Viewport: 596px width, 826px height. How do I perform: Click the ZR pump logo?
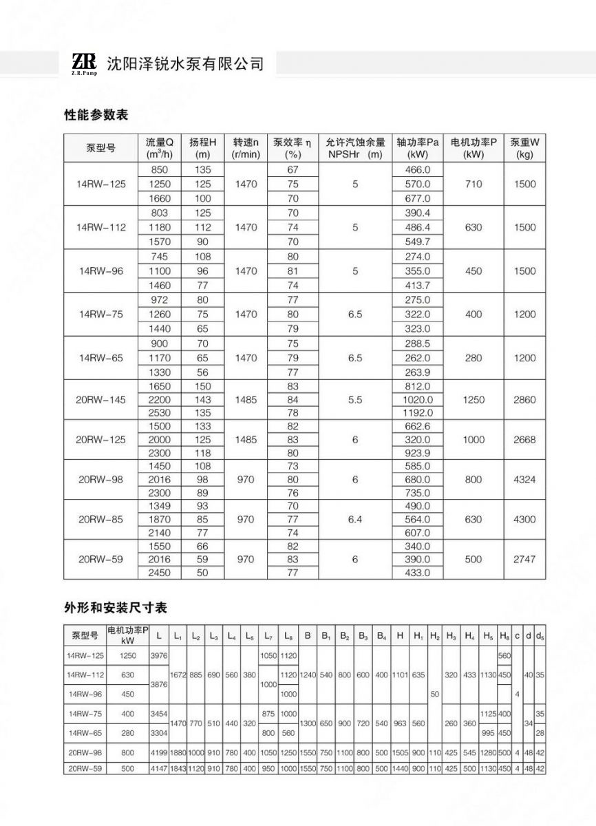pyautogui.click(x=84, y=63)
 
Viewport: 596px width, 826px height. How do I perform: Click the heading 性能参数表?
pyautogui.click(x=96, y=115)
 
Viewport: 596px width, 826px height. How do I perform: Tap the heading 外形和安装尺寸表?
pyautogui.click(x=116, y=608)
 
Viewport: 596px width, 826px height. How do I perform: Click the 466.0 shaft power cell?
pyautogui.click(x=417, y=169)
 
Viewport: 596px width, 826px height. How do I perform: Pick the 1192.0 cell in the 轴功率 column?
pyautogui.click(x=417, y=413)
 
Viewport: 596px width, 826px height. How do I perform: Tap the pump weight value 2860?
pyautogui.click(x=524, y=400)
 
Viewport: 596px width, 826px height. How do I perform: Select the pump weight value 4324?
pyautogui.click(x=524, y=479)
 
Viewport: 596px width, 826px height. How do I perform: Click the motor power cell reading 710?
pyautogui.click(x=473, y=184)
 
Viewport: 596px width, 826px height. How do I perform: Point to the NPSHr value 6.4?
pyautogui.click(x=355, y=519)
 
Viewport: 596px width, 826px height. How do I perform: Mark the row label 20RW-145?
pyautogui.click(x=101, y=400)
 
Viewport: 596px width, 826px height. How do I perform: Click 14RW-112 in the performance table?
pyautogui.click(x=101, y=227)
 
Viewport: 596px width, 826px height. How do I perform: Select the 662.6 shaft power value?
pyautogui.click(x=417, y=426)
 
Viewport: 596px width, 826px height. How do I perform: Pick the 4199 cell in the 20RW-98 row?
pyautogui.click(x=159, y=753)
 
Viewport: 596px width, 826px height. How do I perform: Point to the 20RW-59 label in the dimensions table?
pyautogui.click(x=85, y=768)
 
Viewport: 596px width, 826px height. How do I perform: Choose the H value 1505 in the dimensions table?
pyautogui.click(x=400, y=753)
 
